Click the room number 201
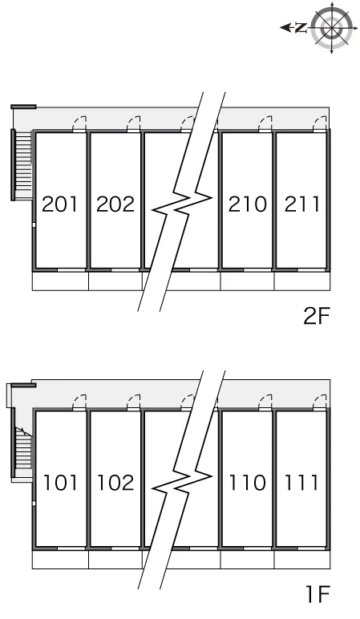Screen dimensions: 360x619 tap(59, 204)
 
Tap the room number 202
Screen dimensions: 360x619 tap(115, 204)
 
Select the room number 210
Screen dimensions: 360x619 tap(248, 204)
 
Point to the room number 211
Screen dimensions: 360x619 tap(302, 204)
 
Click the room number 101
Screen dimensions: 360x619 tap(60, 483)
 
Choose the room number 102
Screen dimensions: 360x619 tap(115, 483)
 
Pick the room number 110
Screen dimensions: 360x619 tap(248, 483)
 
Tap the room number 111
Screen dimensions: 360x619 tap(301, 483)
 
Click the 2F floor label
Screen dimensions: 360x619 tap(316, 316)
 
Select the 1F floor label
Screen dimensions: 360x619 tap(318, 594)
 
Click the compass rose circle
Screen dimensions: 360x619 tap(331, 27)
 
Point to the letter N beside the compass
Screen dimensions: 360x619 tap(301, 27)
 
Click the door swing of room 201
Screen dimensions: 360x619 tap(79, 123)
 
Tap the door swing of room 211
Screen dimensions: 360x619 tap(320, 123)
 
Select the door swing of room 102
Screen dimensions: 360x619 tap(134, 403)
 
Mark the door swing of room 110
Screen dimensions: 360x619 tap(265, 403)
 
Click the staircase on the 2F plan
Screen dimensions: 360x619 tap(22, 164)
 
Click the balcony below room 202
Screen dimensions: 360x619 tap(115, 281)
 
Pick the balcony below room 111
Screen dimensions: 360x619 tap(302, 560)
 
